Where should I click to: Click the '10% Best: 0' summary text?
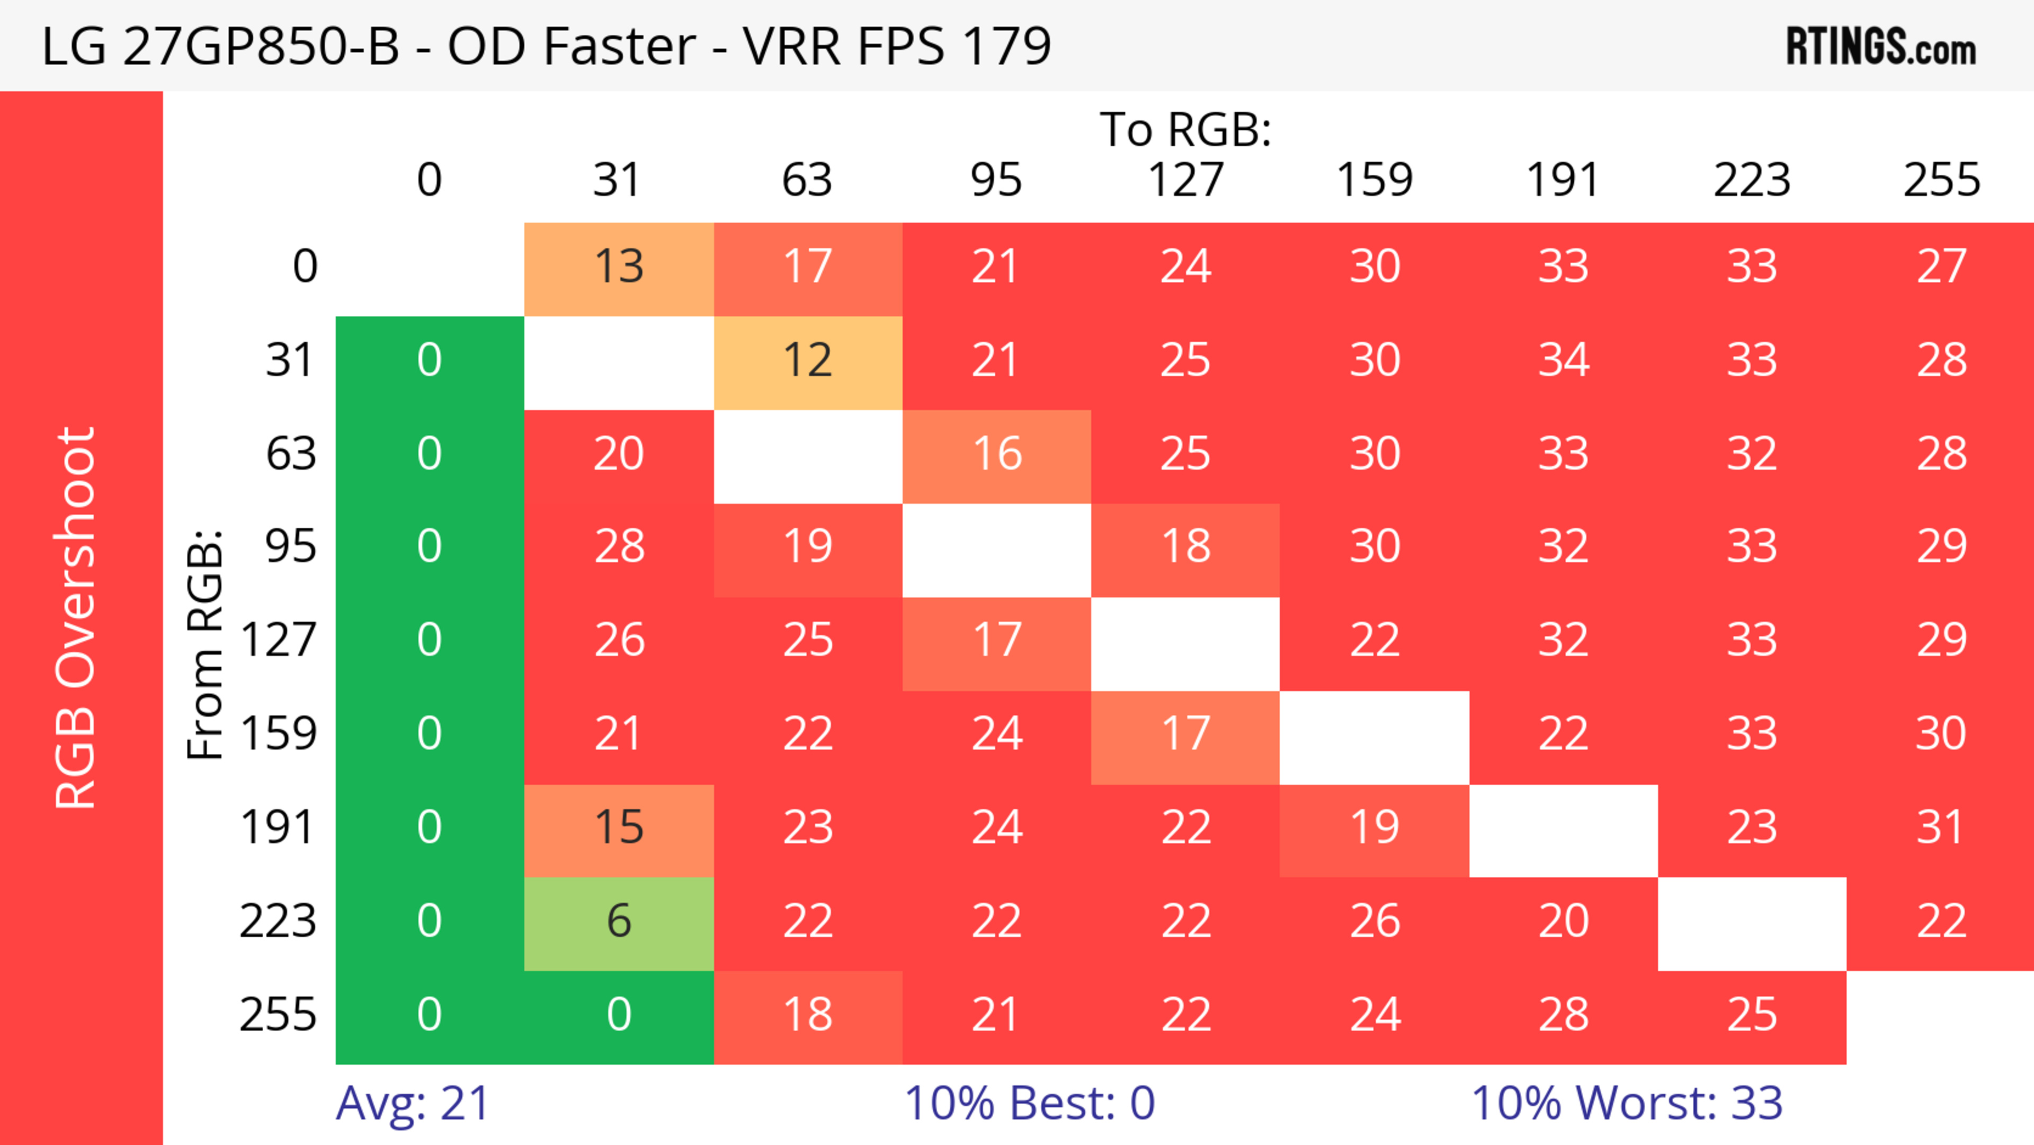(x=1030, y=1103)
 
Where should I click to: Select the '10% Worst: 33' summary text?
(x=1627, y=1103)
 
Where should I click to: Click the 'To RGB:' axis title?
(x=1185, y=129)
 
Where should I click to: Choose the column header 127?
(x=1185, y=181)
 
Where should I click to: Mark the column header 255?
(x=1941, y=181)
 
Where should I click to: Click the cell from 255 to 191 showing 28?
(x=1564, y=1016)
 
